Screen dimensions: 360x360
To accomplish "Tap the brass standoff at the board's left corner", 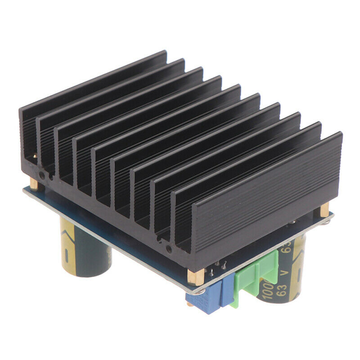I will point(34,184).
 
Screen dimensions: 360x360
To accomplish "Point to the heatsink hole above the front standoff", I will point(169,248).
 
